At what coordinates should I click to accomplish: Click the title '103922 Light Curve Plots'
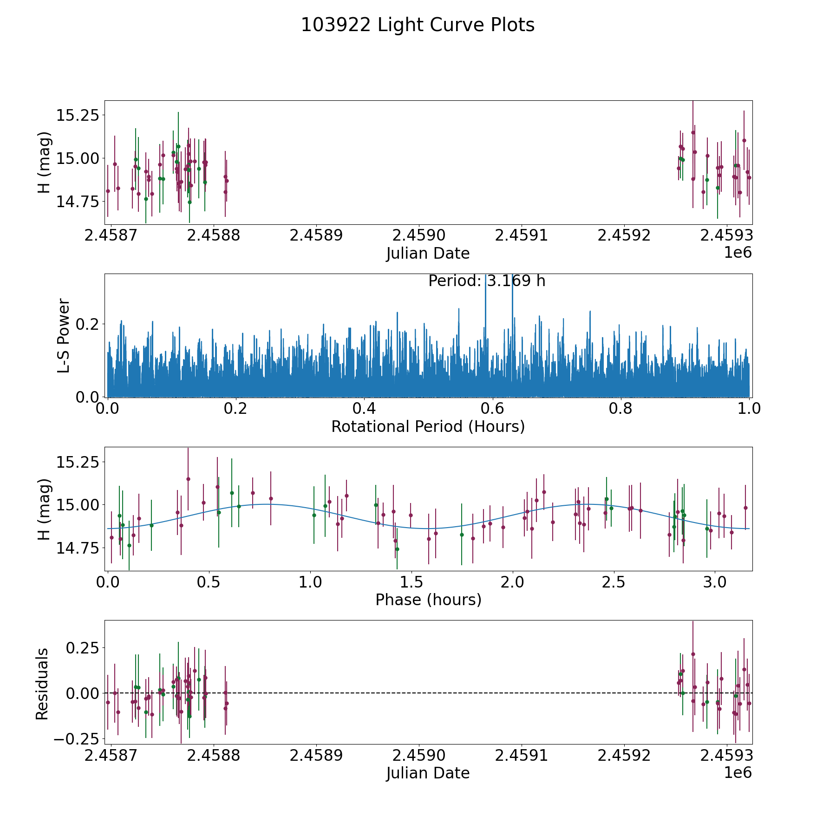[418, 25]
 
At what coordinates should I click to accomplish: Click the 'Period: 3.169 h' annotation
[486, 281]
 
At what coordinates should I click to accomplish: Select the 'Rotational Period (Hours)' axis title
[428, 426]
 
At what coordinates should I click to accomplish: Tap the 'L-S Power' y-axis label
[64, 336]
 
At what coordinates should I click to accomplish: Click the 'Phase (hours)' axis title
[428, 600]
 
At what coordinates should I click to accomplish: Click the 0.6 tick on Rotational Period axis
[492, 409]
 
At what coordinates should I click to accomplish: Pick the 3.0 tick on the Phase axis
[715, 582]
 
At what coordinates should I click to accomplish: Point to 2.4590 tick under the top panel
[418, 235]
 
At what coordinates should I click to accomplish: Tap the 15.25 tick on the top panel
[78, 115]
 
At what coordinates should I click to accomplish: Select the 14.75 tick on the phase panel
[78, 548]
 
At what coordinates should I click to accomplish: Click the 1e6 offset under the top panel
[738, 253]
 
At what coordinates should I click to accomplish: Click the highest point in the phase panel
[188, 479]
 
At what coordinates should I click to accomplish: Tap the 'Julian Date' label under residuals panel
[428, 773]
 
